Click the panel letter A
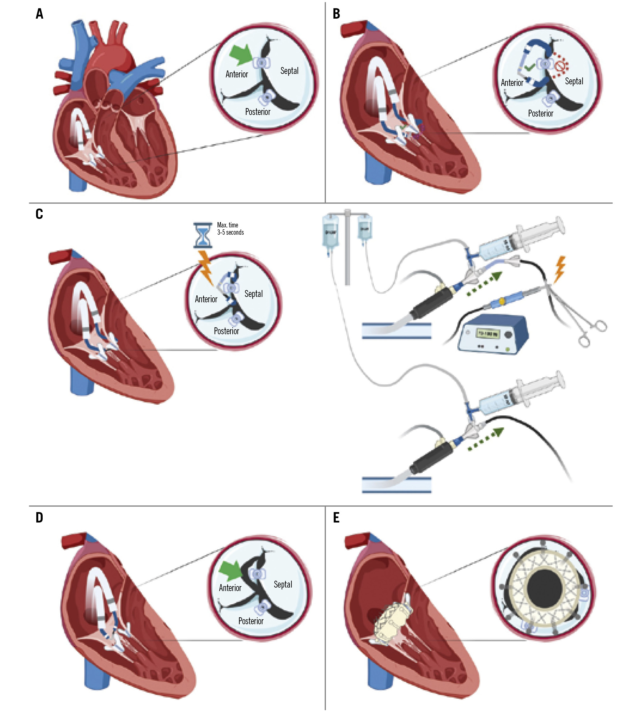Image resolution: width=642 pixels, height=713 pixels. [x=40, y=14]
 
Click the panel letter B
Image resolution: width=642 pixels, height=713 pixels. [x=336, y=14]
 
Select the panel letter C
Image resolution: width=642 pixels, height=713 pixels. [x=39, y=214]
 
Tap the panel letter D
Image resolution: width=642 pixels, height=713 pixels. [x=39, y=517]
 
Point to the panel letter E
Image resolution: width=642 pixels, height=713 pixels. [x=336, y=517]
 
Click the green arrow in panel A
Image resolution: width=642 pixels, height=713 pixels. [x=241, y=55]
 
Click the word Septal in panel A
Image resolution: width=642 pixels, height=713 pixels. [x=289, y=71]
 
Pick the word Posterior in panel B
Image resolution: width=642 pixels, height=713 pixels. [x=541, y=113]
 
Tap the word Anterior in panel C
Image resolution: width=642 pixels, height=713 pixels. [x=206, y=299]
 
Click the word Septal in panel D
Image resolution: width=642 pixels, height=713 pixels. [x=283, y=584]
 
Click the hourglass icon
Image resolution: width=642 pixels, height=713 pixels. [x=203, y=235]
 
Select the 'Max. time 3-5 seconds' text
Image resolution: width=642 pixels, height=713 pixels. [x=230, y=229]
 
